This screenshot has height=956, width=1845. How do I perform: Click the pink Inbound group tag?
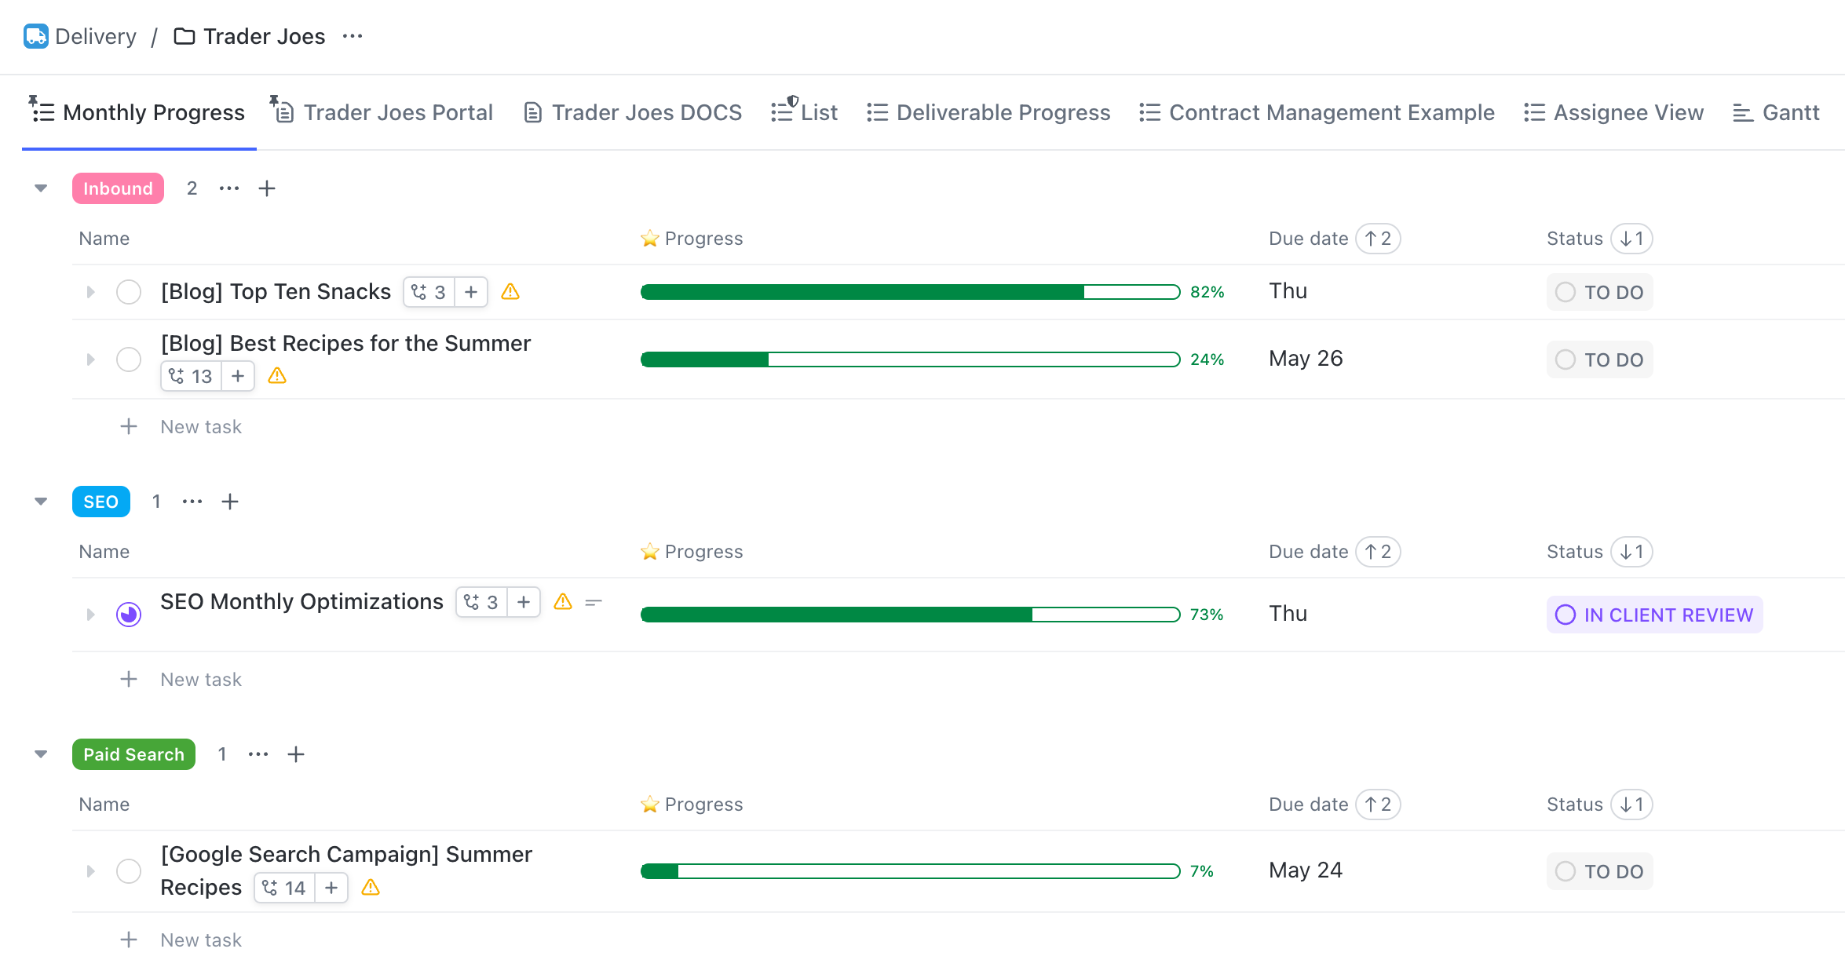tap(118, 188)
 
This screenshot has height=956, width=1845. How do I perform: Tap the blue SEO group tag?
tap(100, 502)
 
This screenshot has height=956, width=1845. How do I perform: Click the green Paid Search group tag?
tap(133, 754)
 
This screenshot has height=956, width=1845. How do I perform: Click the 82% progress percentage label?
tap(1207, 292)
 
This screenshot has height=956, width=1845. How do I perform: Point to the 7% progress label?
tap(1201, 871)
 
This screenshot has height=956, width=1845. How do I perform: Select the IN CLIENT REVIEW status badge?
tap(1654, 615)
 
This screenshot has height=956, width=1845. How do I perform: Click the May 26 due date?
tap(1306, 359)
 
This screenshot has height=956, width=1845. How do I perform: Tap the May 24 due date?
tap(1306, 870)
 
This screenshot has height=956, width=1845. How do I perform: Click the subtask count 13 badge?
tap(192, 377)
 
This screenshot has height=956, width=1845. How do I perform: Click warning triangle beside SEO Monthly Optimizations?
tap(563, 602)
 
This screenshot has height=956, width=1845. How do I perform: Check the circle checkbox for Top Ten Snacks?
tap(129, 292)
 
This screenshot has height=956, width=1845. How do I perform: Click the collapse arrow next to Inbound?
tap(41, 188)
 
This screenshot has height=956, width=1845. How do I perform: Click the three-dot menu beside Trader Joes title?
tap(353, 36)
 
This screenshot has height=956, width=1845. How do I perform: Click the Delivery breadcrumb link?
tap(95, 36)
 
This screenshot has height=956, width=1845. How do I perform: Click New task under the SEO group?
tap(201, 680)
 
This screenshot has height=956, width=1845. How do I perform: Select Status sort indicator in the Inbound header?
tap(1631, 239)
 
